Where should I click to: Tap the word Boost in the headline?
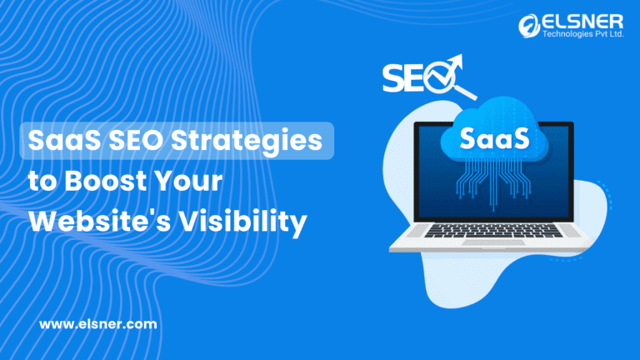point(106,181)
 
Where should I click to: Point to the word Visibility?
point(243,222)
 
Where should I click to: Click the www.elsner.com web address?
point(98,324)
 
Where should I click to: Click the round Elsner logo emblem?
point(529,26)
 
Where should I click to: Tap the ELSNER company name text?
point(582,22)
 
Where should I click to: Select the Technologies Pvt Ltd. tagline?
point(582,34)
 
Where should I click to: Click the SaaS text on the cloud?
point(494,138)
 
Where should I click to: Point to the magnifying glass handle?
point(465,92)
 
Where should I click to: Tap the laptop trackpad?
point(493,242)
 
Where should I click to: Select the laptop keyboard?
point(492,231)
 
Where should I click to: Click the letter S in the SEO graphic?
point(393,78)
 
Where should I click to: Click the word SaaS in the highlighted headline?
point(64,140)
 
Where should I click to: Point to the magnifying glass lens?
point(440,77)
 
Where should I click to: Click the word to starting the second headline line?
point(42,182)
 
